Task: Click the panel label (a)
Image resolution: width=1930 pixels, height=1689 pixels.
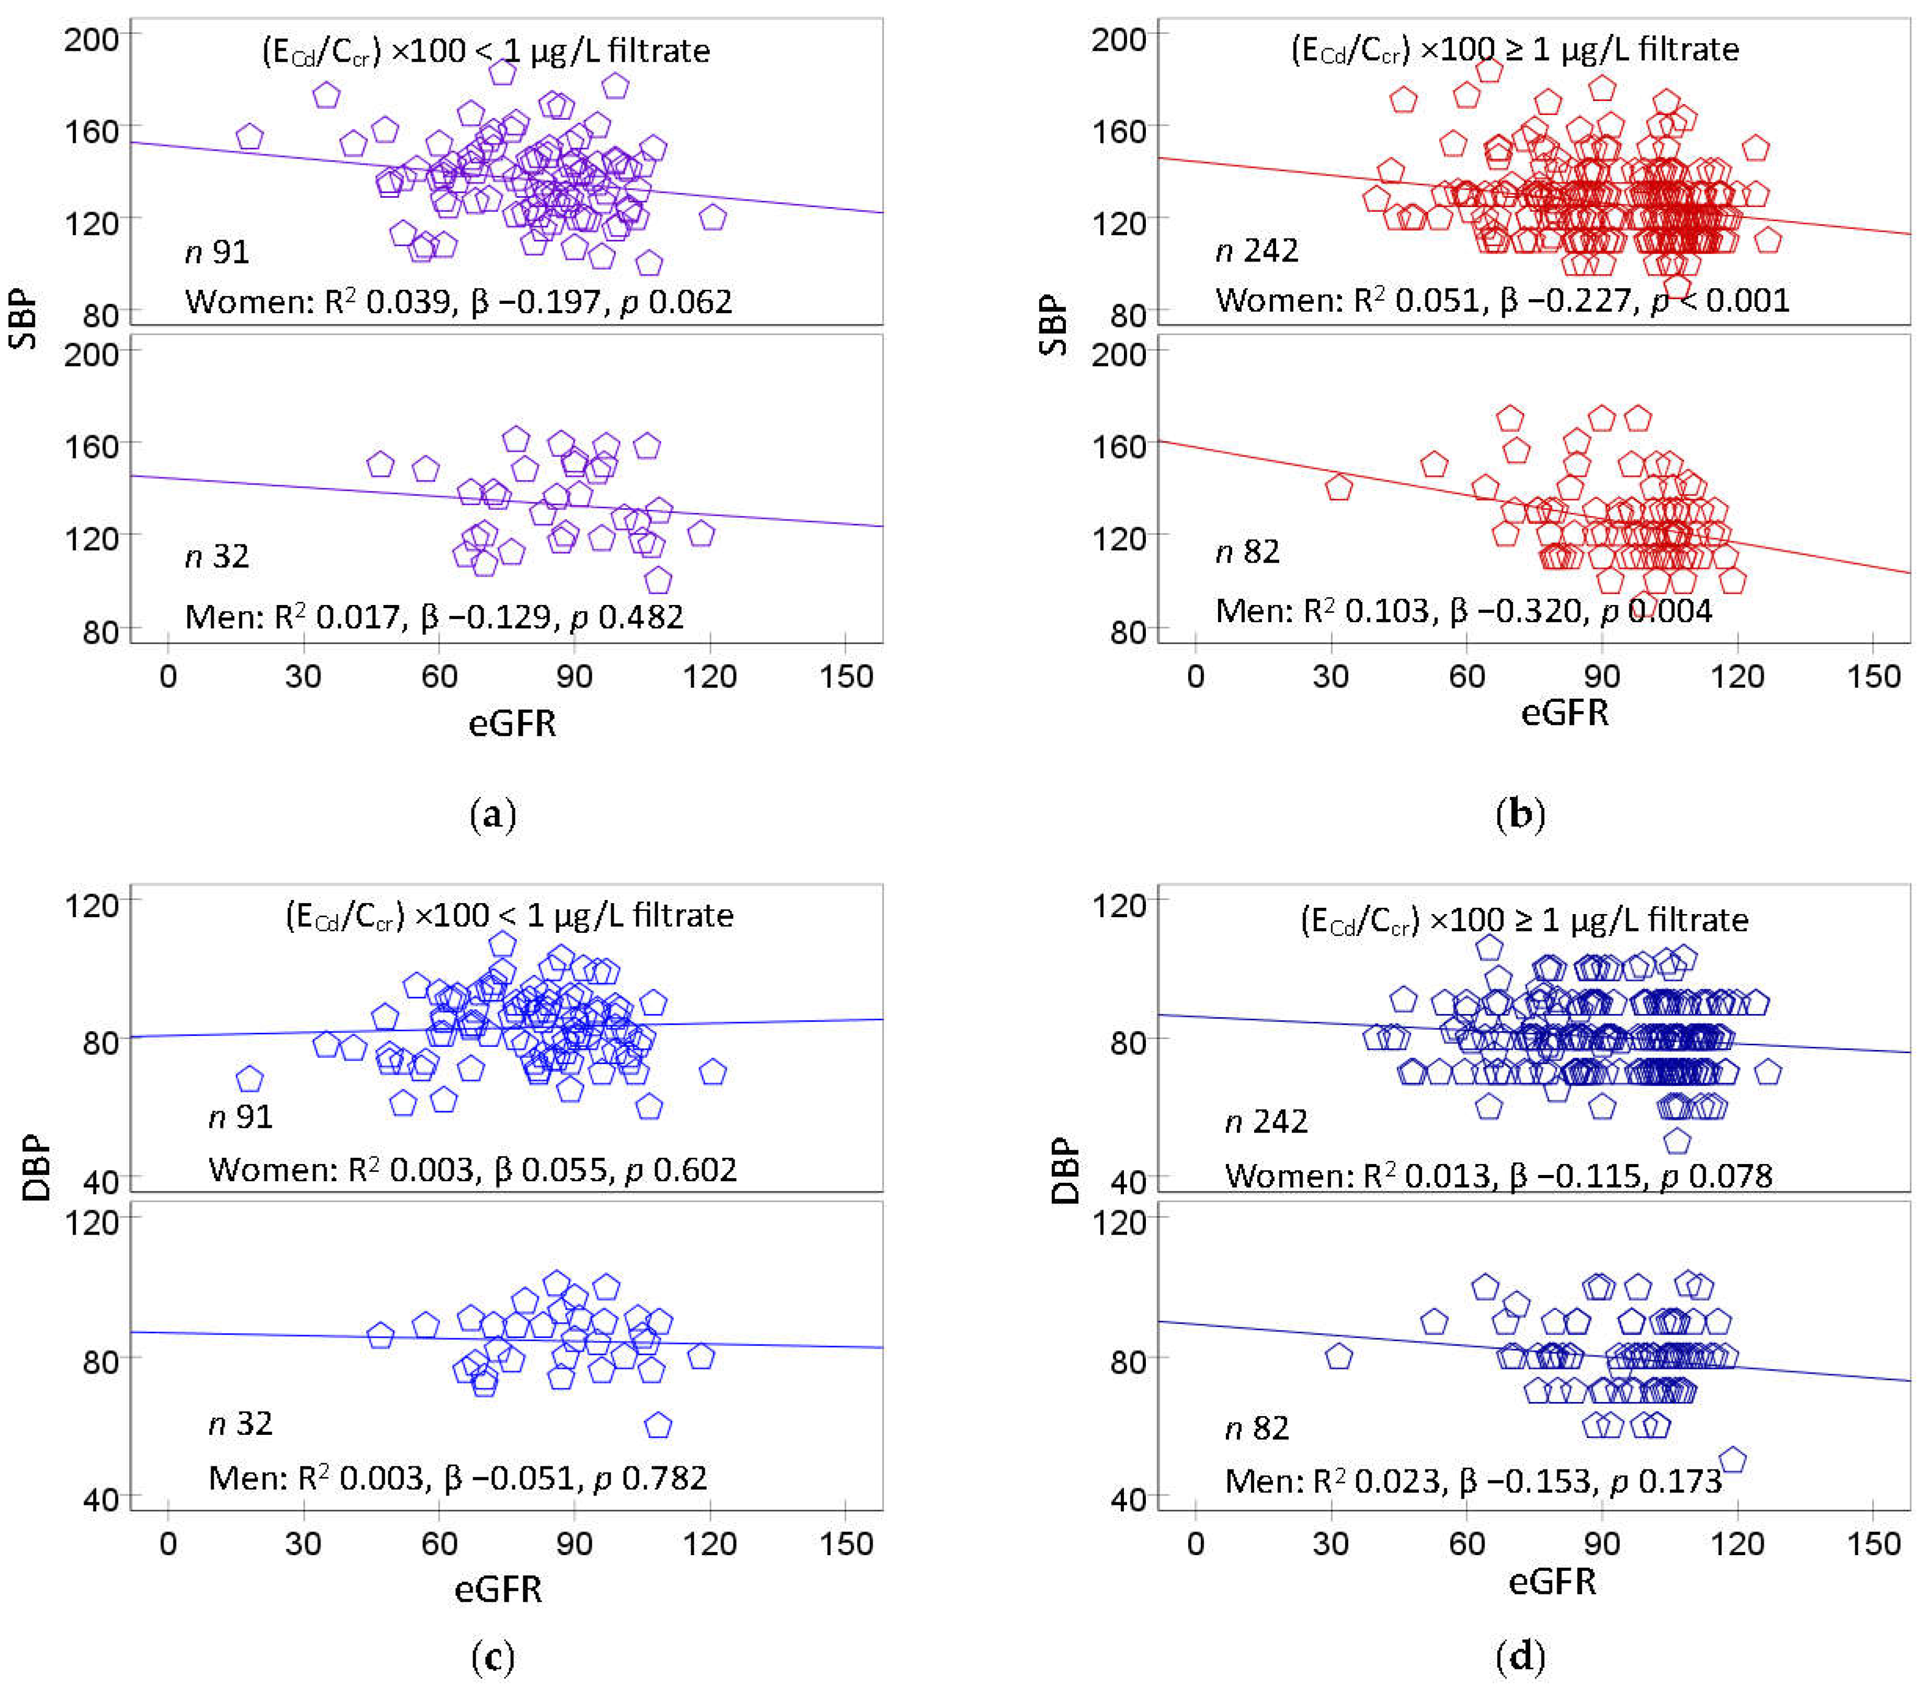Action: tap(493, 814)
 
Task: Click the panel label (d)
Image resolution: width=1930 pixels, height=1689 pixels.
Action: tap(1520, 1655)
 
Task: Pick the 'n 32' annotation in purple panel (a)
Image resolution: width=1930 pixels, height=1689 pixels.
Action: tap(217, 556)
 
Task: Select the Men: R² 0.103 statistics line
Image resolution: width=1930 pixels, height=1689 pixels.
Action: tap(1463, 611)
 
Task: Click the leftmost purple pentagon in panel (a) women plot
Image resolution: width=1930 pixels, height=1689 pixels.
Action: tap(249, 136)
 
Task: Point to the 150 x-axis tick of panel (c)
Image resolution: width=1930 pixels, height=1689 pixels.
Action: tap(845, 1544)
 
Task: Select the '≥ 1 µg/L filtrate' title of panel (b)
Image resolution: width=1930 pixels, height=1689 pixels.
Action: tap(1514, 49)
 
